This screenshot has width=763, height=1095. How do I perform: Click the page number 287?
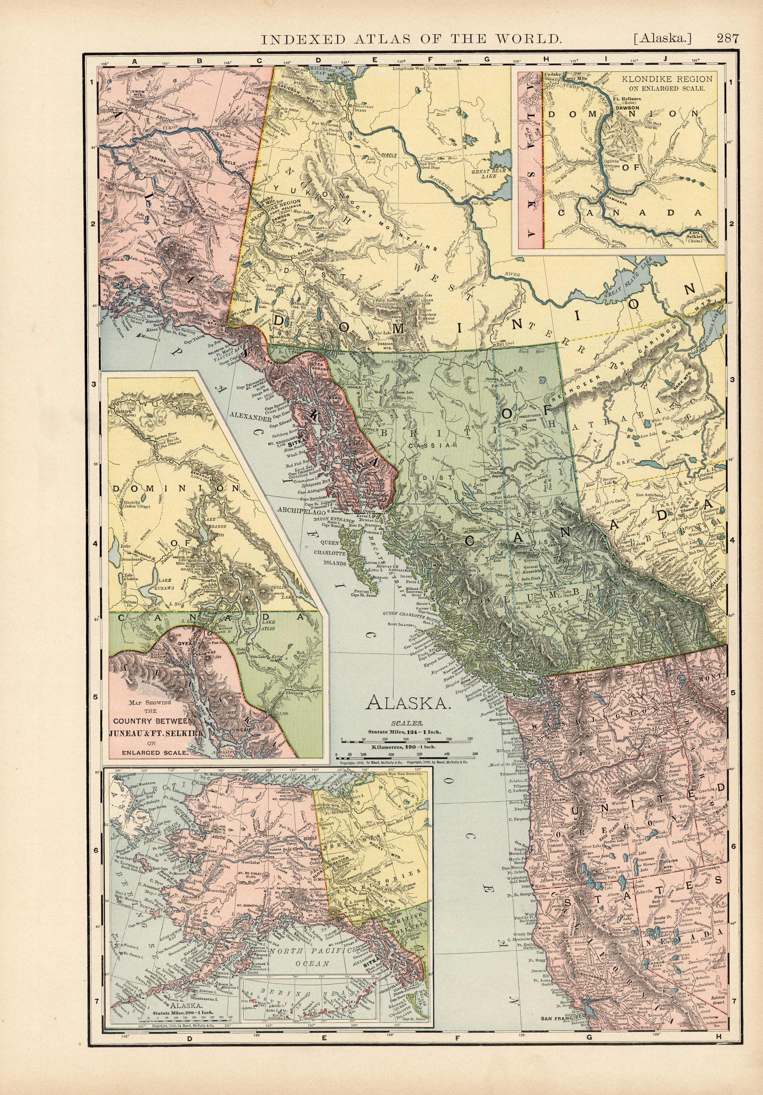(727, 39)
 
